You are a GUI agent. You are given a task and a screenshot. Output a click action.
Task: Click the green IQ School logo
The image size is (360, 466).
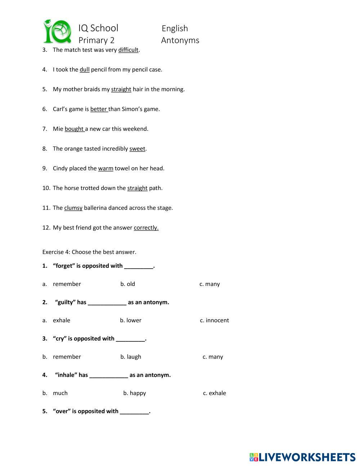pyautogui.click(x=57, y=31)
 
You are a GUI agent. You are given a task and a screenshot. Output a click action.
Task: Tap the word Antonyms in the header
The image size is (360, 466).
pyautogui.click(x=180, y=40)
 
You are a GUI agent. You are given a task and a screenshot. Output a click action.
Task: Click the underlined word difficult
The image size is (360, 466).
pyautogui.click(x=128, y=50)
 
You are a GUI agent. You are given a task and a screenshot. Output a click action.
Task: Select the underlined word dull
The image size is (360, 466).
pyautogui.click(x=85, y=70)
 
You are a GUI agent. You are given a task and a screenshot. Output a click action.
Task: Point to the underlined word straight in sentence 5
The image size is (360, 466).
pyautogui.click(x=121, y=89)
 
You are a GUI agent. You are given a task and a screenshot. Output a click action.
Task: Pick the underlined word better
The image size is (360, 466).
pyautogui.click(x=99, y=109)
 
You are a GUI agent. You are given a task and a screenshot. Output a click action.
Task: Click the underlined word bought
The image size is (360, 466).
pyautogui.click(x=74, y=129)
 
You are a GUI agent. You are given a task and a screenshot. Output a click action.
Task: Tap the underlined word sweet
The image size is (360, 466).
pyautogui.click(x=137, y=149)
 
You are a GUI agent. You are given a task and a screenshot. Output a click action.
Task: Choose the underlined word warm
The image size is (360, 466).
pyautogui.click(x=105, y=169)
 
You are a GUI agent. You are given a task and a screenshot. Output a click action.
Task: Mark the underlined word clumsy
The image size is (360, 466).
pyautogui.click(x=73, y=208)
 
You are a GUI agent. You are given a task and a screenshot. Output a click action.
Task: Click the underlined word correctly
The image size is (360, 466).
pyautogui.click(x=146, y=228)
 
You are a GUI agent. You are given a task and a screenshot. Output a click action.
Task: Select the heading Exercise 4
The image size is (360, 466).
pyautogui.click(x=89, y=252)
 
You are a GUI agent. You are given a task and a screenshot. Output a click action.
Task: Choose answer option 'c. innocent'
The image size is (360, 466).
pyautogui.click(x=214, y=321)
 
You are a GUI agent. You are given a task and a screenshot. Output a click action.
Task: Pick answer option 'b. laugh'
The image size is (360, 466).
pyautogui.click(x=131, y=357)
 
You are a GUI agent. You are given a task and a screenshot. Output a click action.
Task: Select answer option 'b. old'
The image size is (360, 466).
pyautogui.click(x=128, y=284)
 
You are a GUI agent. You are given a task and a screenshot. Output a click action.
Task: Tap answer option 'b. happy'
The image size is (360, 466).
pyautogui.click(x=135, y=393)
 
